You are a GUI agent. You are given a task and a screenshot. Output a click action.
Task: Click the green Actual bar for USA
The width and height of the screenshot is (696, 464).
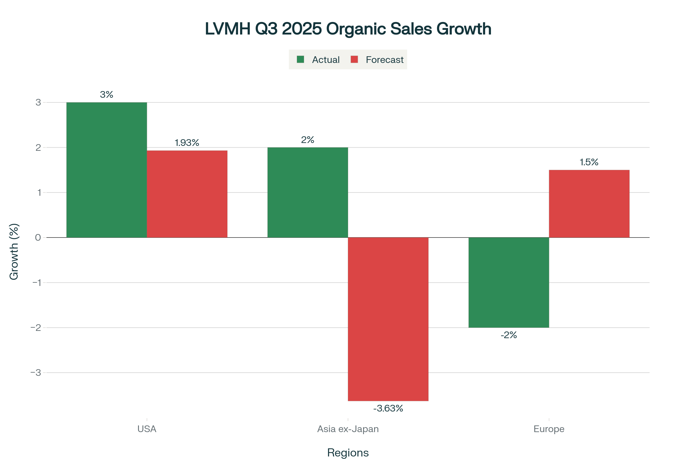[x=106, y=170]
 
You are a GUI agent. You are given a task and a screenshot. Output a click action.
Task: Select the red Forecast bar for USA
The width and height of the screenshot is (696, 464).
[x=187, y=194]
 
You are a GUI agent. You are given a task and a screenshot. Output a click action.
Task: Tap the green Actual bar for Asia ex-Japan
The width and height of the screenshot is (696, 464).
[x=307, y=192]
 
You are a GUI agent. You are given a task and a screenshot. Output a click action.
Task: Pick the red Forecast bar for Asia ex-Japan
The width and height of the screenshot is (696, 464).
[x=388, y=319]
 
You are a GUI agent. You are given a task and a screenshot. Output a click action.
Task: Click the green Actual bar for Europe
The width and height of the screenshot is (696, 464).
[x=509, y=282]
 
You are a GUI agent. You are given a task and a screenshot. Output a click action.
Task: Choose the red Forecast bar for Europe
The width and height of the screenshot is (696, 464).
[x=589, y=204]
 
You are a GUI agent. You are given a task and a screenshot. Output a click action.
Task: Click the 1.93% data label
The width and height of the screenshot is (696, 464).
[x=187, y=143]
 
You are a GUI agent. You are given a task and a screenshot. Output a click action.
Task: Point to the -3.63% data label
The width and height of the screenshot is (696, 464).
[x=388, y=409]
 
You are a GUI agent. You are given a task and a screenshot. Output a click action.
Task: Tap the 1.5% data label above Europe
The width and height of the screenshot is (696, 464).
[x=589, y=162]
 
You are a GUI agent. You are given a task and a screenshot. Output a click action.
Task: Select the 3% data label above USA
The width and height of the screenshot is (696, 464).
[x=106, y=95]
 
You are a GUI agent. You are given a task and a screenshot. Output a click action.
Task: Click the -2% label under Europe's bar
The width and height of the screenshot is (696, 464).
[x=509, y=335]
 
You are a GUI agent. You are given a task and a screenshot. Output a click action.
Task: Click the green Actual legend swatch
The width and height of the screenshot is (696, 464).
[x=300, y=59]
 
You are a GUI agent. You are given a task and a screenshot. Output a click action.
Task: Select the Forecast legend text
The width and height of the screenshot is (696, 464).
[x=385, y=60]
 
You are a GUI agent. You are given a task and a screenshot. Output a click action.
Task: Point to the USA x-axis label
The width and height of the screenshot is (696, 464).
[x=147, y=429]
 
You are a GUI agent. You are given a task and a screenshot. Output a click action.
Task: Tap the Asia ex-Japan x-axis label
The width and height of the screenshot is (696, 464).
[x=348, y=429]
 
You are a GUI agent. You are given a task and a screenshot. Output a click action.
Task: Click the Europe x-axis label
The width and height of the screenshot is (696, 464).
[x=549, y=429]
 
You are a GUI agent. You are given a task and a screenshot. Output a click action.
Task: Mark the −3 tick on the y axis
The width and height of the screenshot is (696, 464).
[x=36, y=373]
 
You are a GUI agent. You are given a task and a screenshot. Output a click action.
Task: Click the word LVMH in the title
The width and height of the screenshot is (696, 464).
[x=228, y=29]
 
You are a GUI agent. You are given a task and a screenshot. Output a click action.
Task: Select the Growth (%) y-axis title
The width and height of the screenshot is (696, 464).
[x=14, y=251]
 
